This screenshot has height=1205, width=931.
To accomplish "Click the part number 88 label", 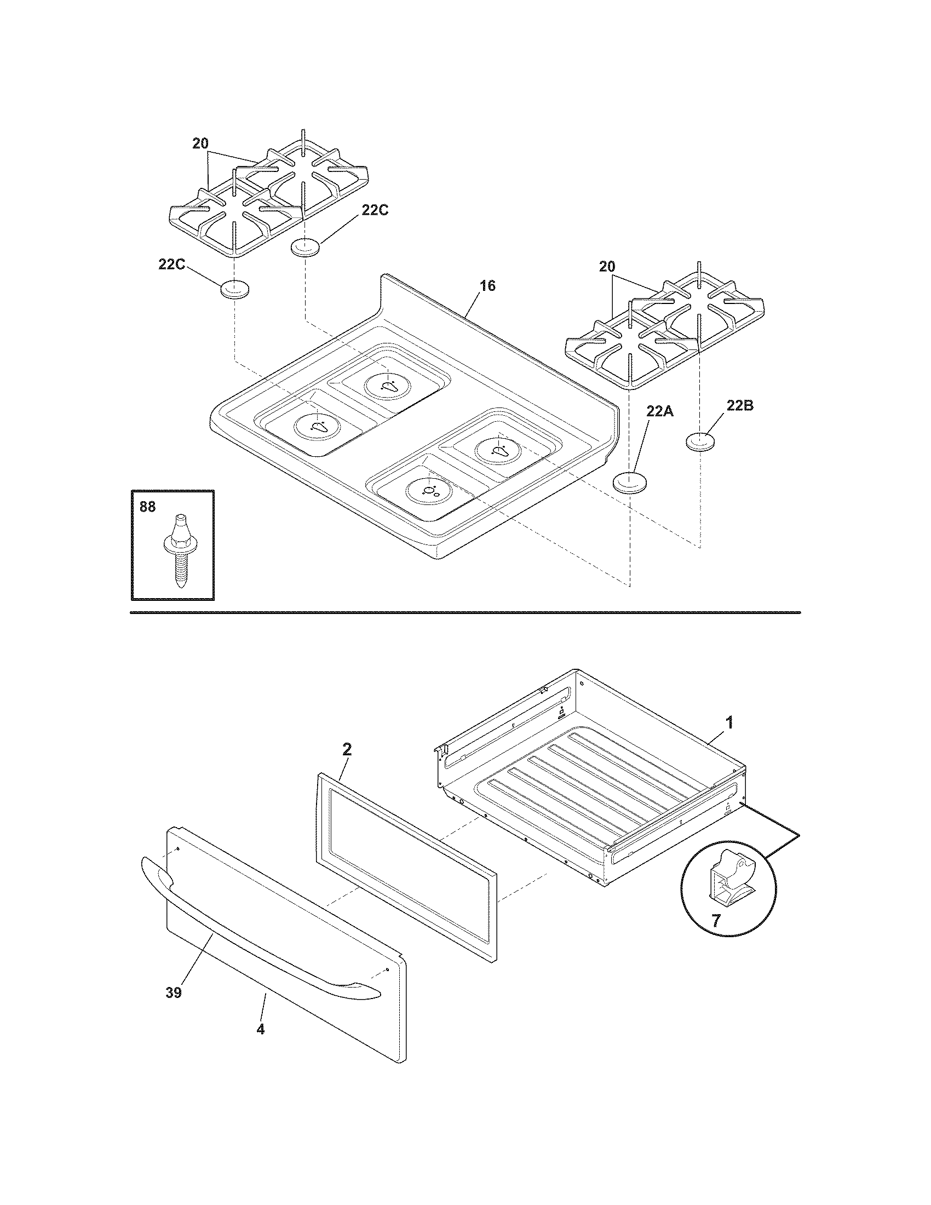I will click(147, 507).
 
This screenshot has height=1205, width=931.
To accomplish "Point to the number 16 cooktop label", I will click(487, 286).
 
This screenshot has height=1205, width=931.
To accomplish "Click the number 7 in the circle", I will click(716, 921).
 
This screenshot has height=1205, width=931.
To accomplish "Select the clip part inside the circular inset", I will click(729, 880).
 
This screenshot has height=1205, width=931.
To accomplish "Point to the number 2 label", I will click(346, 749).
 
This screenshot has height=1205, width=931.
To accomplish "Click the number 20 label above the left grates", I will click(200, 144).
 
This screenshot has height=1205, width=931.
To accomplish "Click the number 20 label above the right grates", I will click(607, 267).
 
